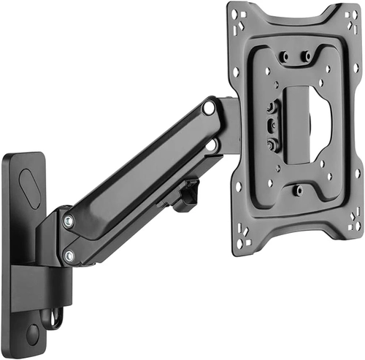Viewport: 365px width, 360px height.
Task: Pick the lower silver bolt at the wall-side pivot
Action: [69, 256]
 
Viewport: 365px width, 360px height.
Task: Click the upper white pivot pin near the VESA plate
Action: [210, 107]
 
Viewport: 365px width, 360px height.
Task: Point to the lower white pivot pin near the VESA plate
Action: [212, 145]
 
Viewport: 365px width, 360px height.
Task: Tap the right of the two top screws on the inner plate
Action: [307, 55]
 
